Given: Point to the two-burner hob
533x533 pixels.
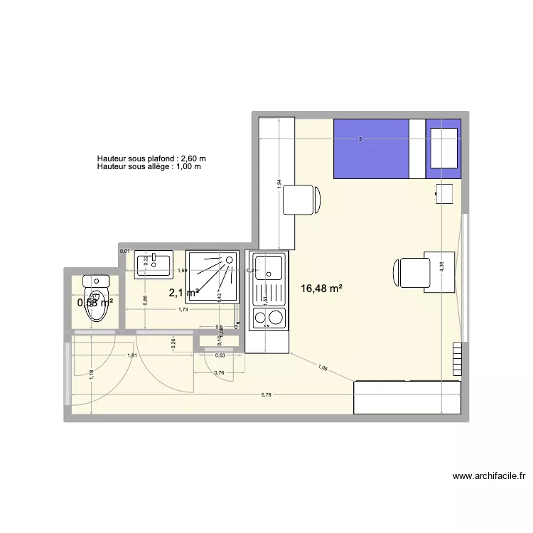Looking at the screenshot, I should click(x=268, y=317).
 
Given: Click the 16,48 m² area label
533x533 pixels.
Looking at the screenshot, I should click(x=322, y=289).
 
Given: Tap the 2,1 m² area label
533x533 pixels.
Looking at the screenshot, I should click(x=183, y=292).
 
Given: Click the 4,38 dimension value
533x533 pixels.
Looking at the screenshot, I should click(x=441, y=264).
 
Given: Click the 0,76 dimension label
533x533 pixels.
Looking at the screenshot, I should click(x=220, y=373).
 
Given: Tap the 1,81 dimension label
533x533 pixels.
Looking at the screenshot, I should click(x=131, y=355).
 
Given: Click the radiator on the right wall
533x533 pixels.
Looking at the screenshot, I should click(x=456, y=359).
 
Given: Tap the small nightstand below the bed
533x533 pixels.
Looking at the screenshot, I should click(x=444, y=193).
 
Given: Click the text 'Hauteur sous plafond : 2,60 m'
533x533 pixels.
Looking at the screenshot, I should click(x=151, y=158).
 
